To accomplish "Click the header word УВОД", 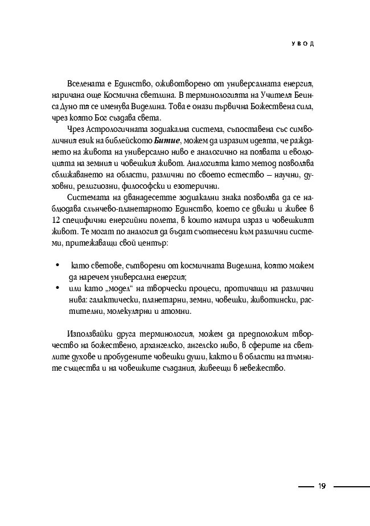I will click(302, 44).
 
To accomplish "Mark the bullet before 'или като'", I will click(57, 288).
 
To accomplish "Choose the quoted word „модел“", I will click(118, 288).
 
